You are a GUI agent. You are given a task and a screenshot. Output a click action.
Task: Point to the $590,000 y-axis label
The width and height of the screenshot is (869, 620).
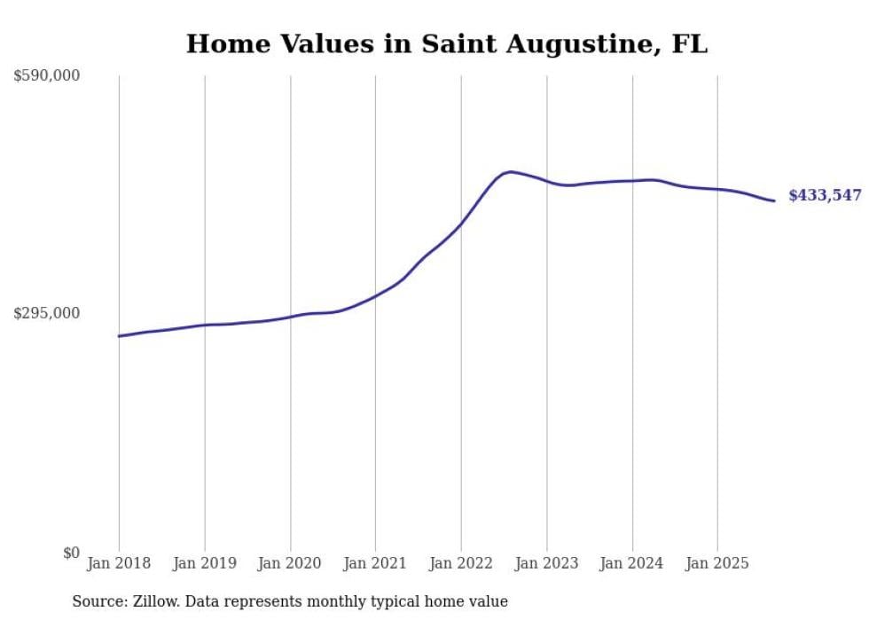point(47,75)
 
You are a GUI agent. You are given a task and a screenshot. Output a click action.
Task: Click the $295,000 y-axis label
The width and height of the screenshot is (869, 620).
point(47,313)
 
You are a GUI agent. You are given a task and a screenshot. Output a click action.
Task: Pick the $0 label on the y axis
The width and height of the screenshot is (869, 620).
point(71,553)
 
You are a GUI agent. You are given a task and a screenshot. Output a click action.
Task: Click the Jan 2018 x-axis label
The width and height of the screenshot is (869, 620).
point(119,563)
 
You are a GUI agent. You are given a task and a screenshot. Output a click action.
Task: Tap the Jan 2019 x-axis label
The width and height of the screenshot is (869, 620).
point(205,563)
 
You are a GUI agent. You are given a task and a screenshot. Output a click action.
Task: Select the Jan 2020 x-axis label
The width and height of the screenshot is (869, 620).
point(290,563)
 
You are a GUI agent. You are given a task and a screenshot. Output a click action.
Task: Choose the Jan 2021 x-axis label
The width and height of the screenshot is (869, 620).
point(375,563)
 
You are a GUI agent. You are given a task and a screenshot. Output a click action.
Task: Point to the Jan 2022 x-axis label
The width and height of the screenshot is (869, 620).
point(461,563)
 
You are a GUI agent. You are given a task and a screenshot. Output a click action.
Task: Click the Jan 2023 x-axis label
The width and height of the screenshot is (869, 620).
point(546,563)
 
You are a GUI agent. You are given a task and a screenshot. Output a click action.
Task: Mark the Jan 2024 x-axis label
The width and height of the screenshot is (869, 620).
point(632,563)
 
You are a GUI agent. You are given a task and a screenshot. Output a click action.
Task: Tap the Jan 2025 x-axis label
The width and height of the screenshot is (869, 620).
point(717,563)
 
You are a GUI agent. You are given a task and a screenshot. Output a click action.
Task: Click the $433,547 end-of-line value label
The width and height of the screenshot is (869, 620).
point(825,196)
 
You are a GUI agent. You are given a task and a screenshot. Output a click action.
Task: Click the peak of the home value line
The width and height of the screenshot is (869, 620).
point(510,171)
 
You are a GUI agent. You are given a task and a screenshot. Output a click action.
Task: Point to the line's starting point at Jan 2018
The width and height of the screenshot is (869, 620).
point(119,336)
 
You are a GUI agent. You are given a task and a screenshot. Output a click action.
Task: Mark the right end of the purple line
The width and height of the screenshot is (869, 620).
point(774,200)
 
